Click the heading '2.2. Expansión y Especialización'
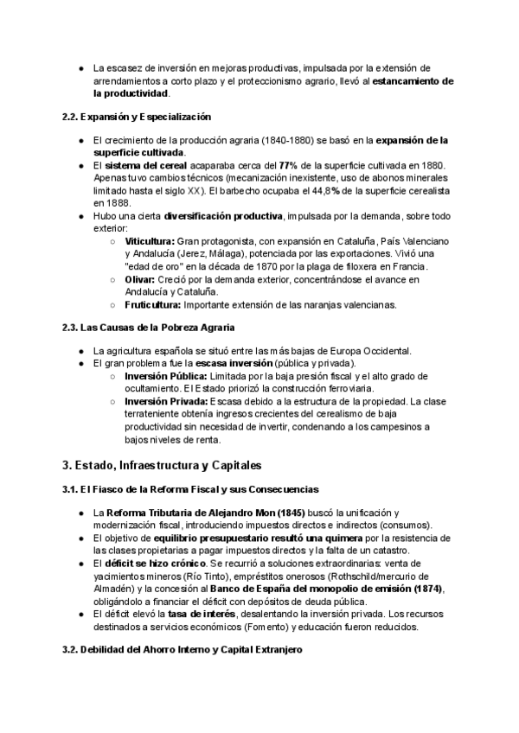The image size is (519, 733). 136,116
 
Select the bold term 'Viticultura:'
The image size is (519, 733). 150,241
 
